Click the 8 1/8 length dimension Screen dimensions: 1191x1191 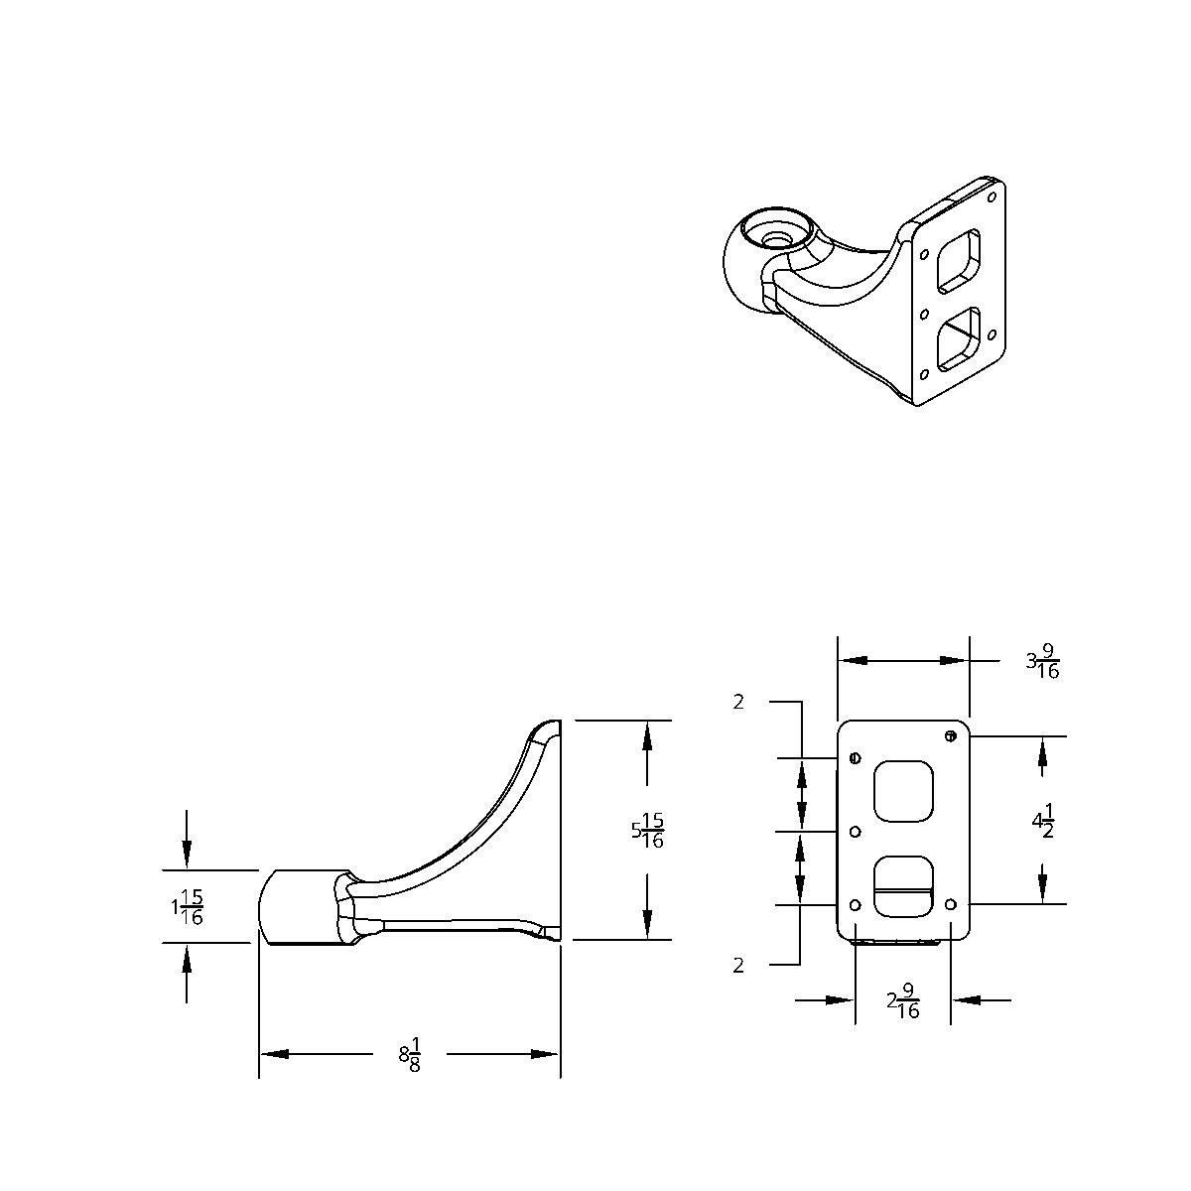pyautogui.click(x=410, y=1054)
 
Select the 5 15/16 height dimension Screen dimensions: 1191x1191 pyautogui.click(x=647, y=831)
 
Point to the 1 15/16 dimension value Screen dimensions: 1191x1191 pyautogui.click(x=187, y=907)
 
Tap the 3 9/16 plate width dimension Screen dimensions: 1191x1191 pyautogui.click(x=1043, y=661)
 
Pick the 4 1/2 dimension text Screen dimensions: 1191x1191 pyautogui.click(x=1042, y=823)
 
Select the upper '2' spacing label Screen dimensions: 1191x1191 pyautogui.click(x=738, y=703)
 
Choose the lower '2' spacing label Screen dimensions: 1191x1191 pyautogui.click(x=738, y=965)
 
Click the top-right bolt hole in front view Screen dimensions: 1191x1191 pyautogui.click(x=951, y=735)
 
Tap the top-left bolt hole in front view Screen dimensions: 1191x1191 pyautogui.click(x=855, y=759)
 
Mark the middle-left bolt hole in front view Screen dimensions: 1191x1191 pyautogui.click(x=856, y=831)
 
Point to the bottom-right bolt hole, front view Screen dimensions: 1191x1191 pyautogui.click(x=951, y=904)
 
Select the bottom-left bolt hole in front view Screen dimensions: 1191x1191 pyautogui.click(x=856, y=904)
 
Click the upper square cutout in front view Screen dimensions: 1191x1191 pyautogui.click(x=903, y=791)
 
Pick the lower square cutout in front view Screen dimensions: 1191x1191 pyautogui.click(x=903, y=886)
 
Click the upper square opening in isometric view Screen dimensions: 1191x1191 pyautogui.click(x=960, y=261)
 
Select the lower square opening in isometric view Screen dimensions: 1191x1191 pyautogui.click(x=960, y=337)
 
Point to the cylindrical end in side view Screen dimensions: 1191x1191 pyautogui.click(x=298, y=906)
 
